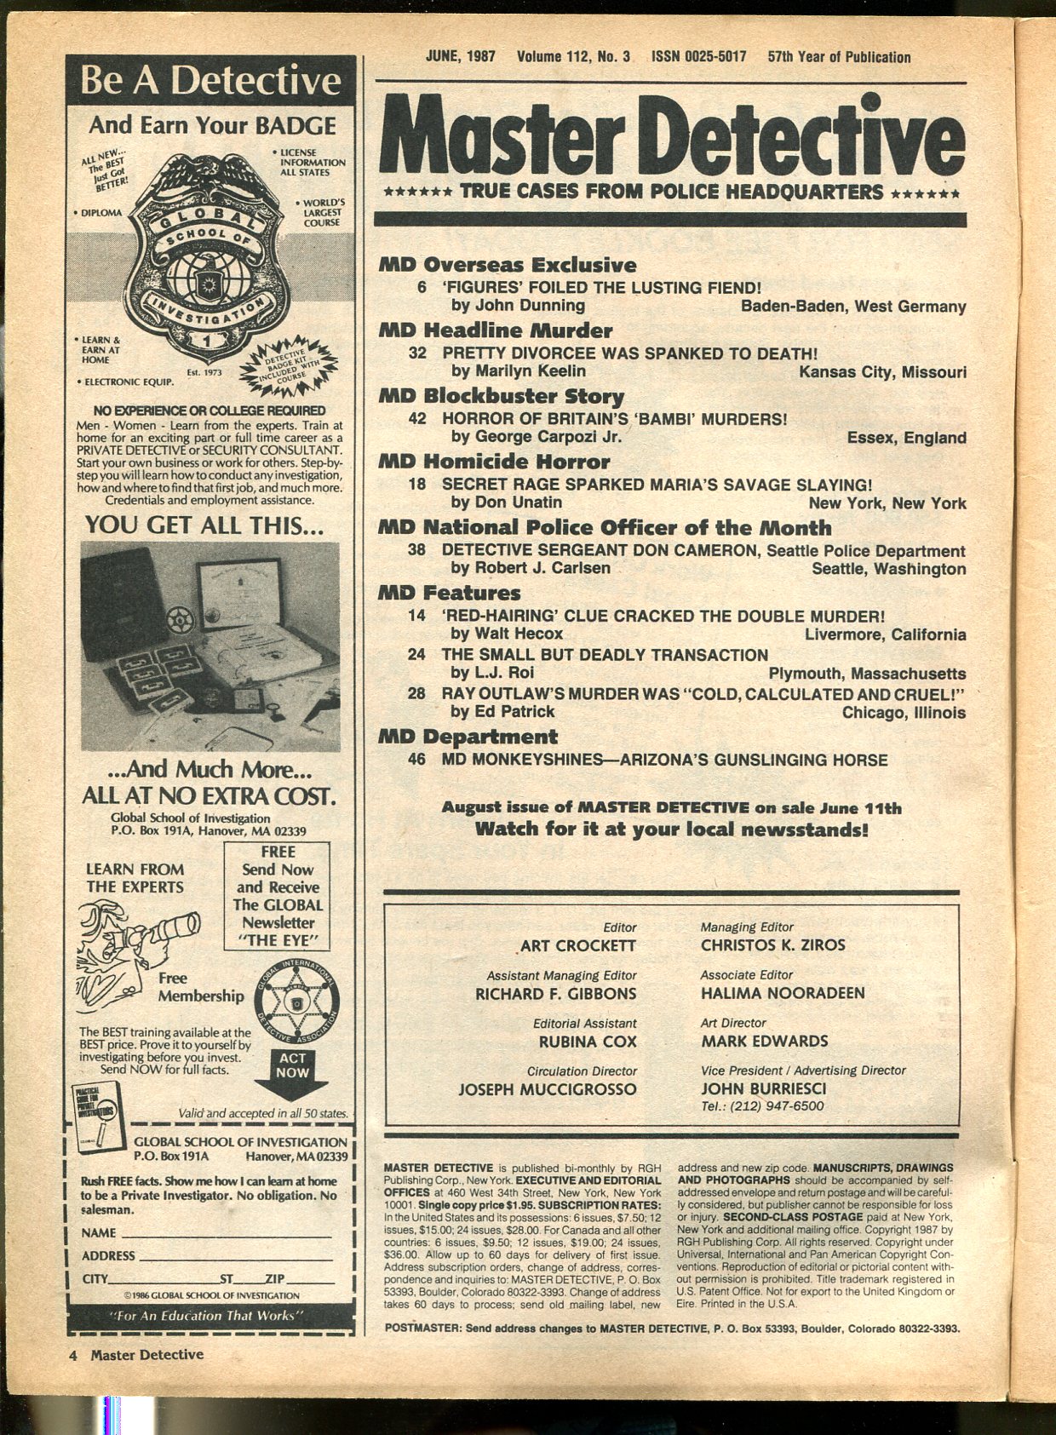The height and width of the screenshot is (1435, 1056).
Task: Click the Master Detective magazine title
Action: [x=670, y=134]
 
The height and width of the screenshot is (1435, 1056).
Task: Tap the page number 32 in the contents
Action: [x=417, y=353]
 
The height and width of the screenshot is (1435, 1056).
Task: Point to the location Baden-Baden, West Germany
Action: [x=853, y=307]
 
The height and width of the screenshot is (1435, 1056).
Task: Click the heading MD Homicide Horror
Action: [x=494, y=462]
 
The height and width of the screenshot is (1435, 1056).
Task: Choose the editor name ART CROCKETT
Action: [x=580, y=946]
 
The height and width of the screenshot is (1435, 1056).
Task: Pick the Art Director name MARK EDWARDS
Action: [x=764, y=1042]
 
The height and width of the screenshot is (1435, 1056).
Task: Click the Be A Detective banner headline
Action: [x=209, y=82]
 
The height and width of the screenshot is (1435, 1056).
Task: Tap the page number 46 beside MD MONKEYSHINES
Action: [x=416, y=760]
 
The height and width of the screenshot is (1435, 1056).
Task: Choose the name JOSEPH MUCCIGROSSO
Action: [x=548, y=1089]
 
